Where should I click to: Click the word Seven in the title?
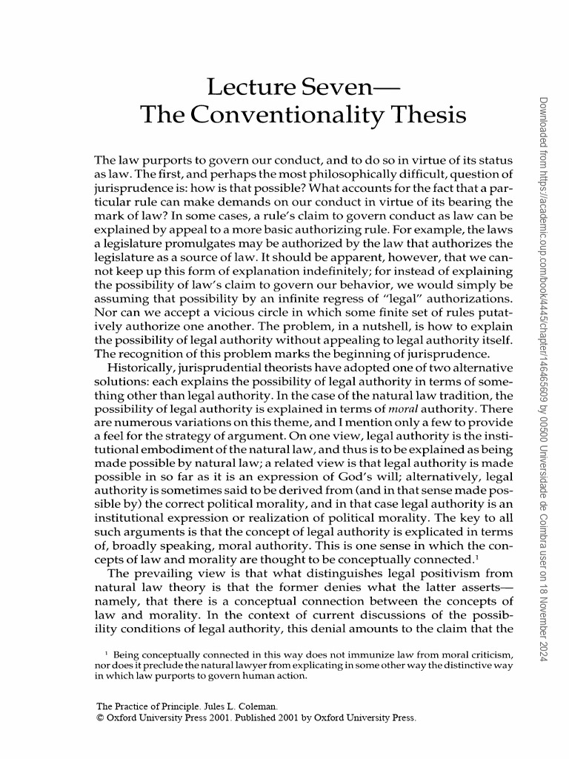pyautogui.click(x=333, y=87)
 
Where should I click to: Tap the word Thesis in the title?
pyautogui.click(x=430, y=116)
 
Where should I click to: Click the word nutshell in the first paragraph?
pyautogui.click(x=385, y=325)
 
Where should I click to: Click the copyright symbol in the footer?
pyautogui.click(x=101, y=717)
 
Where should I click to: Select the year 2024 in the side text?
pyautogui.click(x=542, y=653)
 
